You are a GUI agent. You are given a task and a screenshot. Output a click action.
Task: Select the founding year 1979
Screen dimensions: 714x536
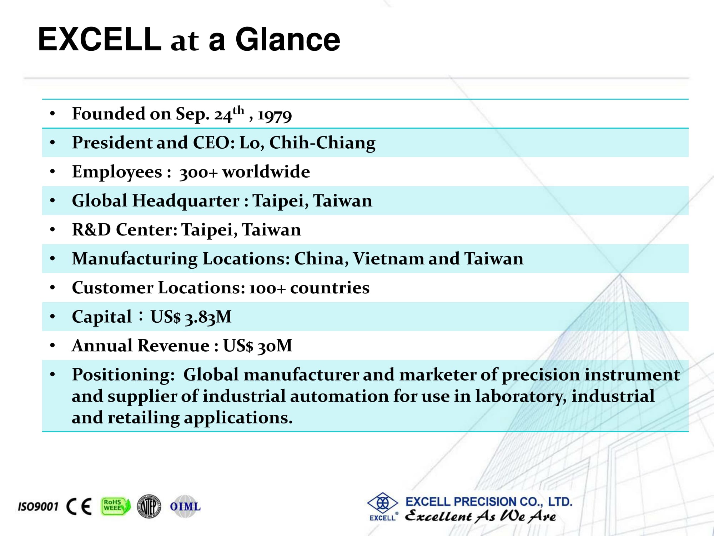click(x=275, y=115)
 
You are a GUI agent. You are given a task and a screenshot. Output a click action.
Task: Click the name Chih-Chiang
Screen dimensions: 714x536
click(x=322, y=143)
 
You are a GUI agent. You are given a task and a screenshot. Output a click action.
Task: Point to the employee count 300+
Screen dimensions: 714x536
click(x=198, y=173)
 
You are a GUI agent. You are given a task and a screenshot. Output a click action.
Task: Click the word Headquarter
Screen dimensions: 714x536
click(x=186, y=201)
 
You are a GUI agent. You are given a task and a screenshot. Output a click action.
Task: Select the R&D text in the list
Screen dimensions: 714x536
click(x=92, y=229)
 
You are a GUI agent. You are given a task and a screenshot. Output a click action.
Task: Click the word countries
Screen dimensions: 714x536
click(x=330, y=288)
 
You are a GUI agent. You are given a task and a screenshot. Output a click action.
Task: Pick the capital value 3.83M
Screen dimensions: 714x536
click(x=208, y=317)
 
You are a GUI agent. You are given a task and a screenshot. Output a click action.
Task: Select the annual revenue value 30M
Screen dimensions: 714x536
click(x=275, y=346)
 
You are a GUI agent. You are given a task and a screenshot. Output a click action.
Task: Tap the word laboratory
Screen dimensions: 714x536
click(x=521, y=397)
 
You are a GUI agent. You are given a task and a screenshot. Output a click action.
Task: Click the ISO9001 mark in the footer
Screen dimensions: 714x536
click(x=38, y=507)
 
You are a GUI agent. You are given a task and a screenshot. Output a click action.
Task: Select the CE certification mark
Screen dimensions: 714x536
click(x=79, y=506)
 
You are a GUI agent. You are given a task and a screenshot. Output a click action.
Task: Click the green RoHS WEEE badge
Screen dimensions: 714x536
click(x=116, y=506)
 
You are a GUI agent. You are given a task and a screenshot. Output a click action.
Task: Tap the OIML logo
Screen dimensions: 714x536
click(x=185, y=506)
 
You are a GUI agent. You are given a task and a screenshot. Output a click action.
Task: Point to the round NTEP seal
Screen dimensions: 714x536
click(x=149, y=506)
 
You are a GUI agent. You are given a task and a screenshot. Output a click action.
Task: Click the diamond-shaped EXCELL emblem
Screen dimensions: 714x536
click(x=383, y=503)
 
